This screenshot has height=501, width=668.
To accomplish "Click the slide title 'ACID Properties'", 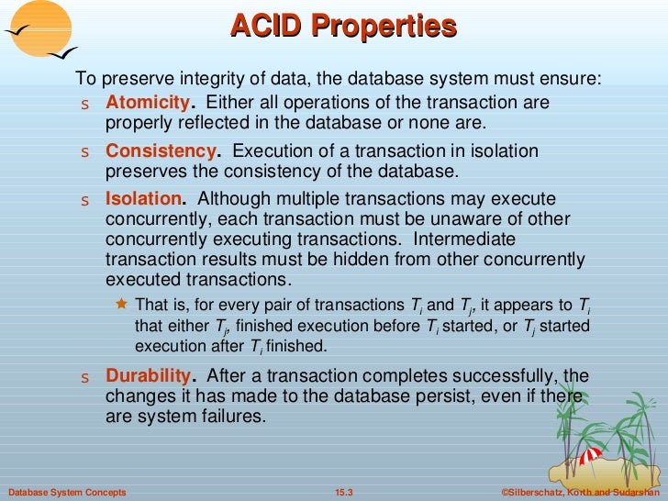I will click(x=343, y=26).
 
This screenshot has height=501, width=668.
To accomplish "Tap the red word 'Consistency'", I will click(x=161, y=150).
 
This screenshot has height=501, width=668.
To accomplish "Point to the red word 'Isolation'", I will click(x=144, y=199).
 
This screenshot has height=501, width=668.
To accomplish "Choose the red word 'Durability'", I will click(x=150, y=375).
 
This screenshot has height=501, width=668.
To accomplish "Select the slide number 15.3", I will click(x=344, y=493).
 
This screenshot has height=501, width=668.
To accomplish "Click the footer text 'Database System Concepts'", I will click(x=64, y=493).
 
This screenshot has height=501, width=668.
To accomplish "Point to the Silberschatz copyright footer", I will click(x=584, y=493).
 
